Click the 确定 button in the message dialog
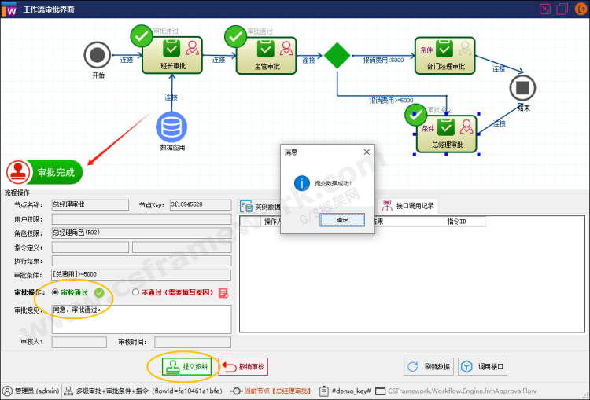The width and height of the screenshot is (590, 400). tap(342, 220)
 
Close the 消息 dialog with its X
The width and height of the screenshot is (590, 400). tap(367, 152)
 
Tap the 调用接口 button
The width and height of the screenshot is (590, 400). tap(483, 366)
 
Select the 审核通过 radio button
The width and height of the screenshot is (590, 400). tap(55, 292)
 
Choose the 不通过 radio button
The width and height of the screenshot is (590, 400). tap(136, 292)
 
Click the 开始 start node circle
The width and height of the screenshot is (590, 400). tap(98, 55)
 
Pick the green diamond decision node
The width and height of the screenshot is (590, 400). tap(337, 55)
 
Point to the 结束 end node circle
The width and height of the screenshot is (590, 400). tap(522, 86)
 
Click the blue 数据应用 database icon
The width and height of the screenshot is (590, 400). tap(171, 127)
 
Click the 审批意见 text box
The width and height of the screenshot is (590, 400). tap(141, 318)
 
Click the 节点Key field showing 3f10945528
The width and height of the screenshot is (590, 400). tap(200, 205)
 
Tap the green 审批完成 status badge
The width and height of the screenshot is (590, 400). tap(44, 172)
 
